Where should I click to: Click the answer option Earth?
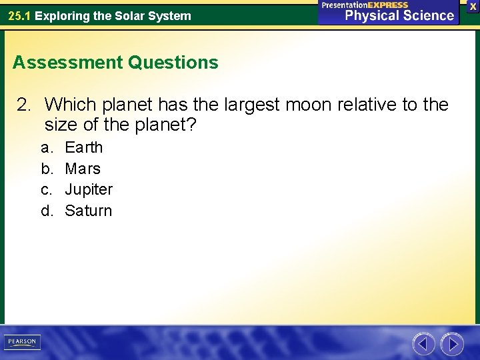[83, 147]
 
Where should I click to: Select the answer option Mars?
[83, 169]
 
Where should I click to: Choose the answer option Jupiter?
[89, 190]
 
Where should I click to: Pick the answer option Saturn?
[89, 211]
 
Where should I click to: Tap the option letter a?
[46, 147]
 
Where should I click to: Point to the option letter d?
[47, 211]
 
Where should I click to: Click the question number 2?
[24, 105]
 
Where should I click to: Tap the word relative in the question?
[369, 105]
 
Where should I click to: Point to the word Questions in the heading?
[173, 63]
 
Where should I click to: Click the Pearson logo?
[22, 342]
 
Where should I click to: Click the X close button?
[473, 6]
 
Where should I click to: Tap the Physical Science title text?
[399, 16]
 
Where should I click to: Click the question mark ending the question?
[192, 125]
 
